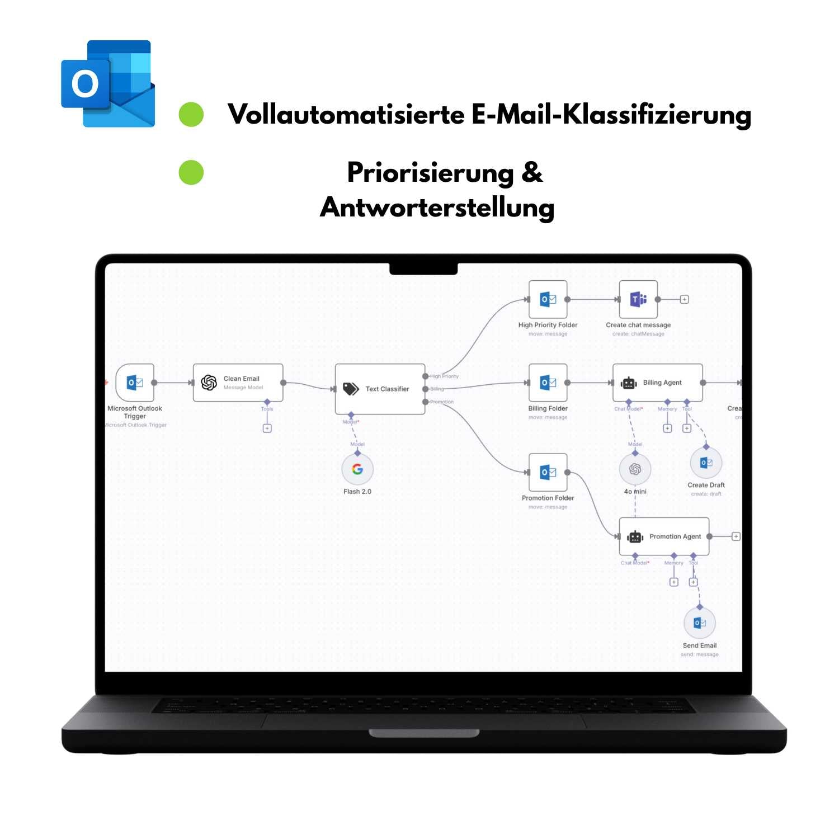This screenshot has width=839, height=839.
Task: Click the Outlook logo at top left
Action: tap(108, 84)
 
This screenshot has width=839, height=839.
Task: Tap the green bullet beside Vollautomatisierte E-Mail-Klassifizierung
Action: tap(191, 114)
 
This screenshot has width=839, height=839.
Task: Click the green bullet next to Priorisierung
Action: tap(191, 172)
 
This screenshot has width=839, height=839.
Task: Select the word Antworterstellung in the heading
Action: tap(437, 208)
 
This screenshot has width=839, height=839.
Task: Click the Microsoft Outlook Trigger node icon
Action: tap(135, 383)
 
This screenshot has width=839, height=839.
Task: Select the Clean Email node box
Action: tap(238, 383)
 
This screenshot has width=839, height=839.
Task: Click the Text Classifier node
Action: tap(380, 389)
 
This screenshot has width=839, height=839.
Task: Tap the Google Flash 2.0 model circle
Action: tap(357, 469)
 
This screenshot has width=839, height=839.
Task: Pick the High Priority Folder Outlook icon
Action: tap(548, 299)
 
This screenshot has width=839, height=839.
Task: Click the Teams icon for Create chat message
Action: tap(638, 299)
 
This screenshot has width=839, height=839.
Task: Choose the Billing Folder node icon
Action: tap(548, 383)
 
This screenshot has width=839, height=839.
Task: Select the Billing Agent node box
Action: tap(657, 383)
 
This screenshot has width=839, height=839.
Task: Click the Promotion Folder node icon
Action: tap(548, 472)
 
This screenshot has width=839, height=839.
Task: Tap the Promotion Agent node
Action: tap(664, 536)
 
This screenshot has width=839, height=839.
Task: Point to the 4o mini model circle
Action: tap(635, 469)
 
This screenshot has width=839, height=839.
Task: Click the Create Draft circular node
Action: tap(706, 463)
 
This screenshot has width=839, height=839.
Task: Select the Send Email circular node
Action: tap(700, 623)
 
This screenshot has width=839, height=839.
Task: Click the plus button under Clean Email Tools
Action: tap(267, 428)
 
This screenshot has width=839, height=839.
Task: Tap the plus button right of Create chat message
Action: tap(684, 299)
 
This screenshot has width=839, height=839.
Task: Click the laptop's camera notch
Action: tap(423, 269)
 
